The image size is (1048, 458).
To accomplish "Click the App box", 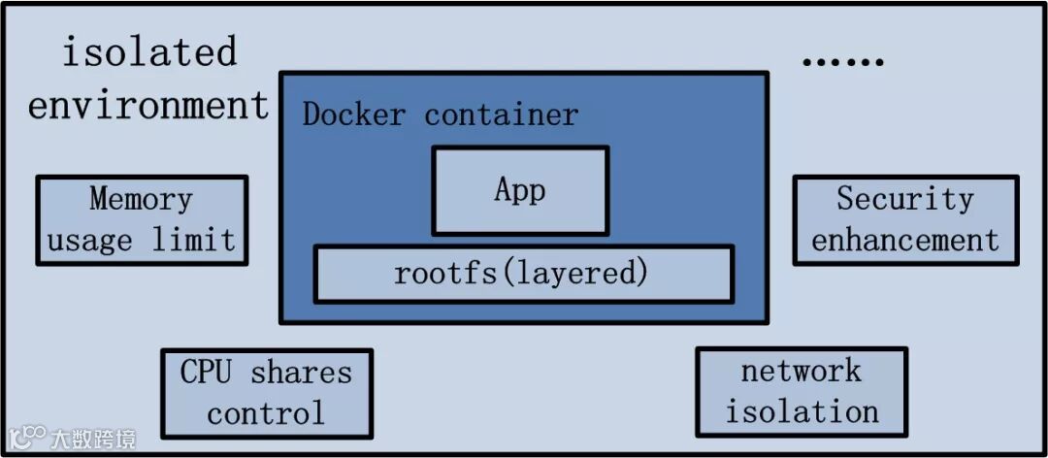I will [x=520, y=190].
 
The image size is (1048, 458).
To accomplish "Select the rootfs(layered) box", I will [x=523, y=274].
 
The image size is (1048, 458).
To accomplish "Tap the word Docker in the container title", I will [x=353, y=114].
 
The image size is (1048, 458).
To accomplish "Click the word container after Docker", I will [x=501, y=114].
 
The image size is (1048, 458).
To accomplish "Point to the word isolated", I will [x=149, y=52].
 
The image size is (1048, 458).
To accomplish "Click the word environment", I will [x=148, y=105].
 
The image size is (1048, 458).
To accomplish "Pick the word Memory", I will [x=142, y=199].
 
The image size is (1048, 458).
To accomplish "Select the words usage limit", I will [x=142, y=240].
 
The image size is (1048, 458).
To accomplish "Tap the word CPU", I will [x=207, y=372].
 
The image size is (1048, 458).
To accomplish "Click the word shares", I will [x=302, y=372].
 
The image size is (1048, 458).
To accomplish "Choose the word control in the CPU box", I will [x=266, y=414].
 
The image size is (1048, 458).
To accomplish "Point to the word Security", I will [x=905, y=199].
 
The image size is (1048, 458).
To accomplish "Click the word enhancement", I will [x=905, y=240].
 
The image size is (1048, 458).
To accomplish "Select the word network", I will [x=801, y=371].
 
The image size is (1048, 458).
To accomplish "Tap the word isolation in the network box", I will [x=802, y=411].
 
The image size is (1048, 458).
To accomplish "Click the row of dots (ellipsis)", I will [x=842, y=62].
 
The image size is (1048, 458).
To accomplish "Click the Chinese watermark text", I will [x=93, y=439].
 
